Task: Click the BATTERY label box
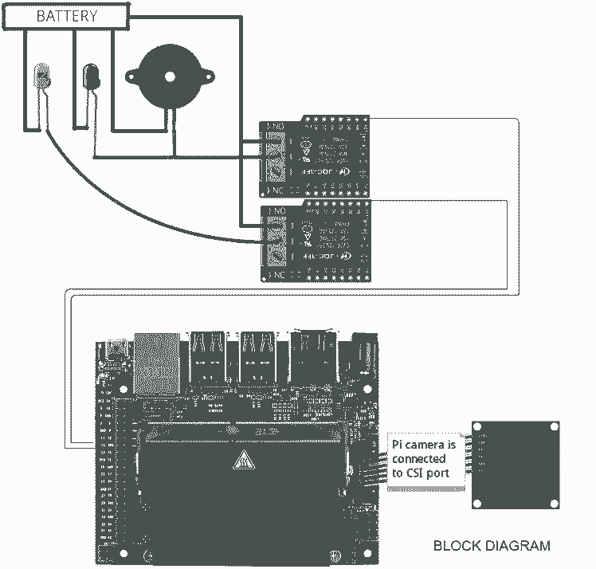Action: [67, 16]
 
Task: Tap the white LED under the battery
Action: [42, 77]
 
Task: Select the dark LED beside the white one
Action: [92, 77]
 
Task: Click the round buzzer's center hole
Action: [169, 77]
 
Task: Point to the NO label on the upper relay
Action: [277, 127]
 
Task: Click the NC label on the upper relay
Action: [277, 191]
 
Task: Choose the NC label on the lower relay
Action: [277, 275]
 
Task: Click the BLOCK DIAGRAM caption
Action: [491, 546]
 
